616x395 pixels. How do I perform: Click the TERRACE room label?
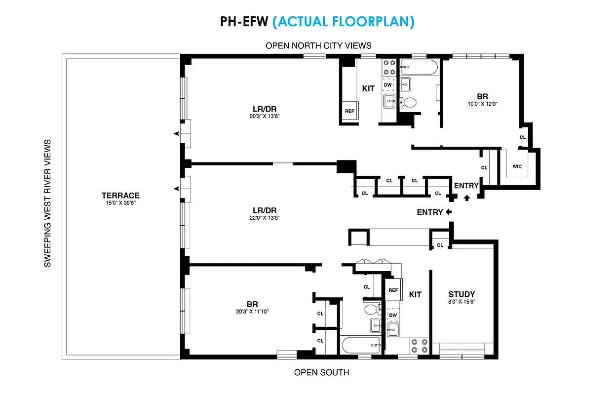tap(120, 196)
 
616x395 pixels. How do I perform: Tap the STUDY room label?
tap(462, 295)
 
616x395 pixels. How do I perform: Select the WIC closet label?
tap(517, 166)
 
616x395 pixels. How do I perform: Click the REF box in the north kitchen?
tap(349, 111)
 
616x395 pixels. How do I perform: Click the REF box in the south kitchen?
tap(393, 290)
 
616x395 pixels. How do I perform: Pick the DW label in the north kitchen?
tap(388, 85)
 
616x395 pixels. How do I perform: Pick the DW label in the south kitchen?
tap(393, 315)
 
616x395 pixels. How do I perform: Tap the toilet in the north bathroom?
tap(408, 102)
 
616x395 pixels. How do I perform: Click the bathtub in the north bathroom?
tap(419, 67)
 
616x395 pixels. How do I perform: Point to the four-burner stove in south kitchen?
tap(419, 345)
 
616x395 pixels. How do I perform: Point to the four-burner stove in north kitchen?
tap(388, 67)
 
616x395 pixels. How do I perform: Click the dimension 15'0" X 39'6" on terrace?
tap(120, 203)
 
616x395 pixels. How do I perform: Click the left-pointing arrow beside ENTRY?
tap(448, 212)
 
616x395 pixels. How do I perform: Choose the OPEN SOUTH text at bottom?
tap(321, 372)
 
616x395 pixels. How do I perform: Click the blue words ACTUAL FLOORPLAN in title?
tap(343, 22)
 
